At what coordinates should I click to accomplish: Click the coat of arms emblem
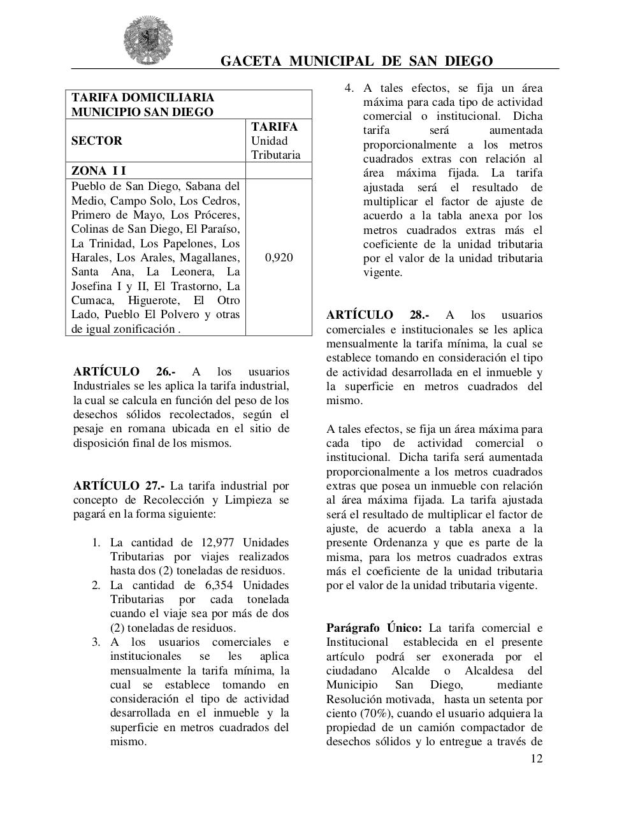(x=148, y=41)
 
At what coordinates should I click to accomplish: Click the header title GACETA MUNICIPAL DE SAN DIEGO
(x=356, y=61)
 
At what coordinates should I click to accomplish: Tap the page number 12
(x=536, y=759)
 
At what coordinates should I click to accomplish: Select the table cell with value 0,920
(x=279, y=258)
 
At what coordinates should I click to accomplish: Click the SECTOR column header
(x=97, y=141)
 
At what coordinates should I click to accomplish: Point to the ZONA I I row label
(x=99, y=171)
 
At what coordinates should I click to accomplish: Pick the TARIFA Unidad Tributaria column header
(x=275, y=141)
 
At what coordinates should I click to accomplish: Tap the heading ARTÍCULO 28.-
(x=377, y=315)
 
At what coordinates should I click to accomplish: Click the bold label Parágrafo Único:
(x=374, y=628)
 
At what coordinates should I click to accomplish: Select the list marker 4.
(x=349, y=88)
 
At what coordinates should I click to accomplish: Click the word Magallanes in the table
(x=210, y=258)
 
